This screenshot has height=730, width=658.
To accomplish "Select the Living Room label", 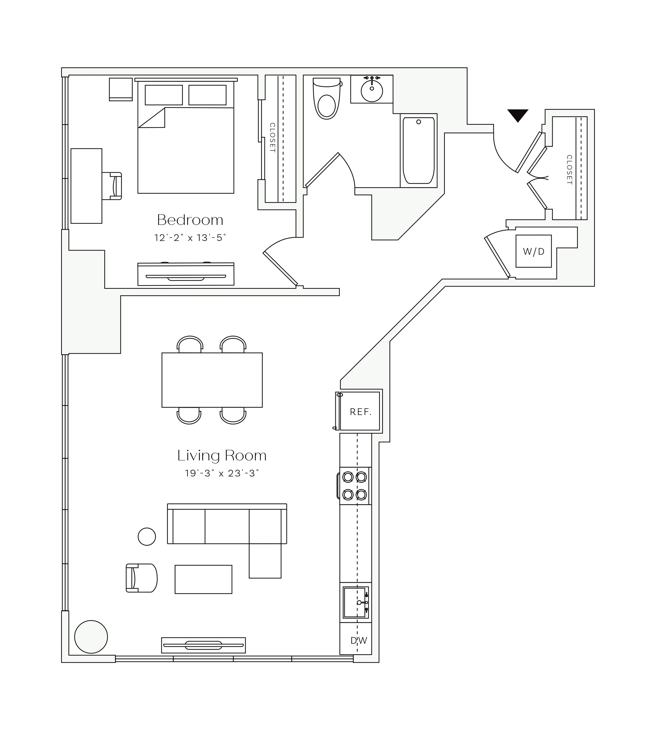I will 222,455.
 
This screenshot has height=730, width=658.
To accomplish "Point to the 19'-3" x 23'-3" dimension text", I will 222,473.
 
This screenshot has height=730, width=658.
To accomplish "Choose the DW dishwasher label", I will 358,641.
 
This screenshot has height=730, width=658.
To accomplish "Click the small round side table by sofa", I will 147,536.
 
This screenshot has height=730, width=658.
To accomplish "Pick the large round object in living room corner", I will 91,637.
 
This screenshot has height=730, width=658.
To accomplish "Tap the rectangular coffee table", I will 203,579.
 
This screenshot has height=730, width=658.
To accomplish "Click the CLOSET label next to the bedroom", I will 272,138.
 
